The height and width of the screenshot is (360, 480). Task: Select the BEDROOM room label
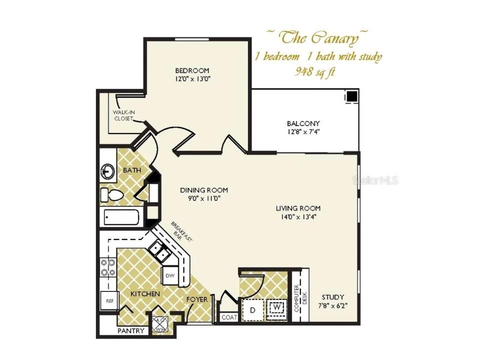[x=192, y=70]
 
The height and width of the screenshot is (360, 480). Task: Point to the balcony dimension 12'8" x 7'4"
[x=303, y=132]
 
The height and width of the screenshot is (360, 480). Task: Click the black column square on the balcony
[x=352, y=96]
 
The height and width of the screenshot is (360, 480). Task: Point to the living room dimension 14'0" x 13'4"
[x=298, y=217]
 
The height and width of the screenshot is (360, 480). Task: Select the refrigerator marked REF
[x=108, y=301]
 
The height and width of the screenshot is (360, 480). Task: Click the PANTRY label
[x=130, y=331]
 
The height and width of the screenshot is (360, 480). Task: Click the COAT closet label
[x=228, y=317]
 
